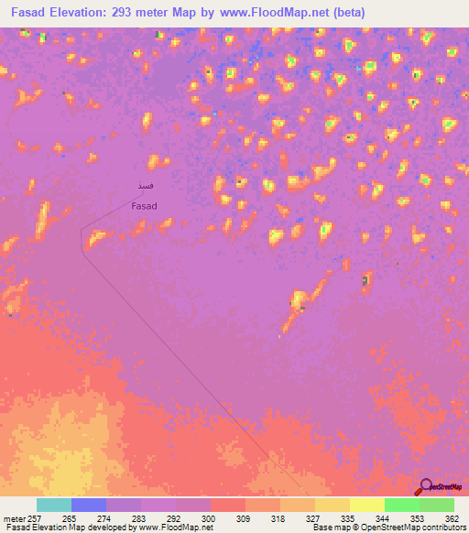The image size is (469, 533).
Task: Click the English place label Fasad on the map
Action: click(x=144, y=206)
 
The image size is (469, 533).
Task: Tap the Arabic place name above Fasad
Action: click(x=144, y=187)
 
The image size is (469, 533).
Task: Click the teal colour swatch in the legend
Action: click(x=53, y=505)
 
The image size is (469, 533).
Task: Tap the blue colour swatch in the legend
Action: click(x=88, y=505)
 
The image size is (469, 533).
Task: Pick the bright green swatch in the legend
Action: click(x=401, y=505)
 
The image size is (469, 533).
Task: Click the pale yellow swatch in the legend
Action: click(x=366, y=505)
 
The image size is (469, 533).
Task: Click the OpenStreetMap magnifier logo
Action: click(x=425, y=486)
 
